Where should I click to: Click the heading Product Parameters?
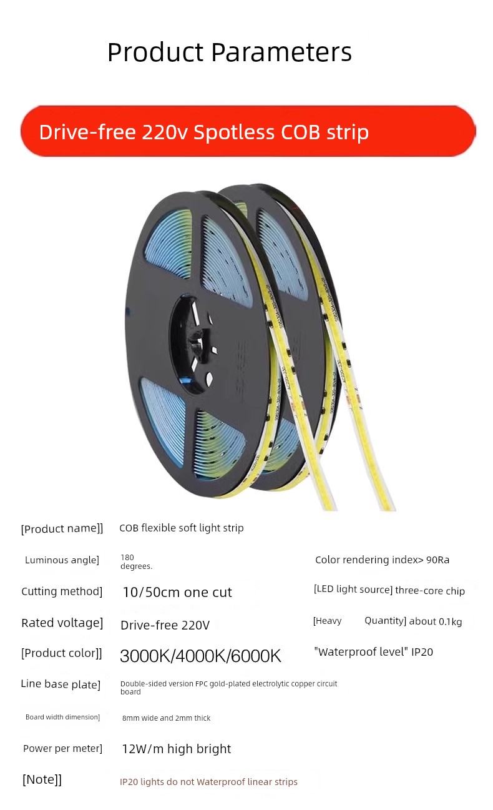click(230, 52)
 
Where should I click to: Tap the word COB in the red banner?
click(300, 132)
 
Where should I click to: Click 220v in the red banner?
click(165, 132)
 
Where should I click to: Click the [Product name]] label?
click(62, 529)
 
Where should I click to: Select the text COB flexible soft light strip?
click(182, 528)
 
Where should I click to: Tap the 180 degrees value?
click(136, 561)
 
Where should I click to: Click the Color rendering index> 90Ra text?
click(382, 560)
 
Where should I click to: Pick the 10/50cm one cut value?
click(177, 592)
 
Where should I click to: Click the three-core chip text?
click(430, 591)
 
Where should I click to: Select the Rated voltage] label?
click(62, 623)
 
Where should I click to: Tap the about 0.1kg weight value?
click(435, 621)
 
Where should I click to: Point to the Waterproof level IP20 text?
click(373, 651)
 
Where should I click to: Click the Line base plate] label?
click(61, 684)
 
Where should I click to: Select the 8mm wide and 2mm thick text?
click(166, 718)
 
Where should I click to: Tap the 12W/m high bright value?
click(177, 749)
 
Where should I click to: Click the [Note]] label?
click(42, 779)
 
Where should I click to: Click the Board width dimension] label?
click(62, 717)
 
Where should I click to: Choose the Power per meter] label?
click(62, 748)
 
